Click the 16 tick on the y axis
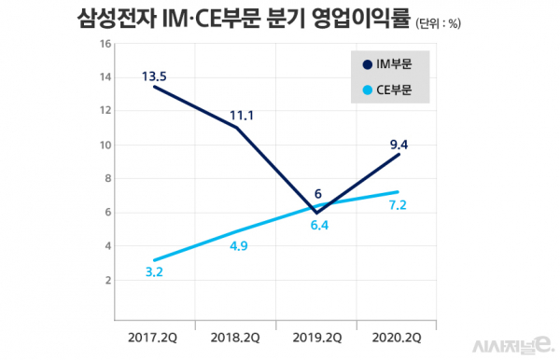(x=105, y=44)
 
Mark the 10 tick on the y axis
(x=105, y=145)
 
